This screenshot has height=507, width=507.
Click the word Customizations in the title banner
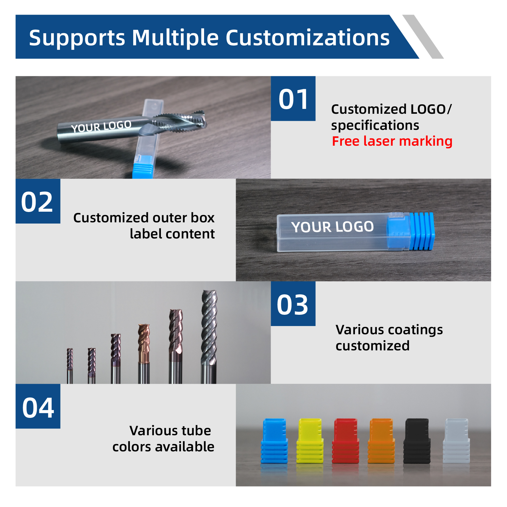[x=307, y=38]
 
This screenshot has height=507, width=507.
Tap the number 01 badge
[x=293, y=99]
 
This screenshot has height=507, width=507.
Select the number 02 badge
[x=38, y=201]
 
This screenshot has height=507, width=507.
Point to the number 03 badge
[x=293, y=304]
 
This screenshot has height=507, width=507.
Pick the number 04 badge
[x=38, y=406]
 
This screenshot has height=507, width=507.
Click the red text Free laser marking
[x=392, y=141]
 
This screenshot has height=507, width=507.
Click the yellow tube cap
[x=310, y=441]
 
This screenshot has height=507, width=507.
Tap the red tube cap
[x=346, y=441]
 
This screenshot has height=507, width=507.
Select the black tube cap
[x=417, y=441]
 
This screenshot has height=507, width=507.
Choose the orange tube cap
[x=381, y=441]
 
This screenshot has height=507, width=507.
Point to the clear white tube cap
[x=456, y=441]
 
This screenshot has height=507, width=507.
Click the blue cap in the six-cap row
[x=274, y=441]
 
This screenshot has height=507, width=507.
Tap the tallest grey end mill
[x=209, y=337]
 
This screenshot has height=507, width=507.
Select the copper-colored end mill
[x=144, y=354]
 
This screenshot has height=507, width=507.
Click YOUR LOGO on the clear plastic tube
[x=332, y=227]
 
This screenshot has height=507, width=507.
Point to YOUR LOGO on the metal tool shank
[x=101, y=126]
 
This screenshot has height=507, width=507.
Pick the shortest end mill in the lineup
[x=70, y=366]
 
